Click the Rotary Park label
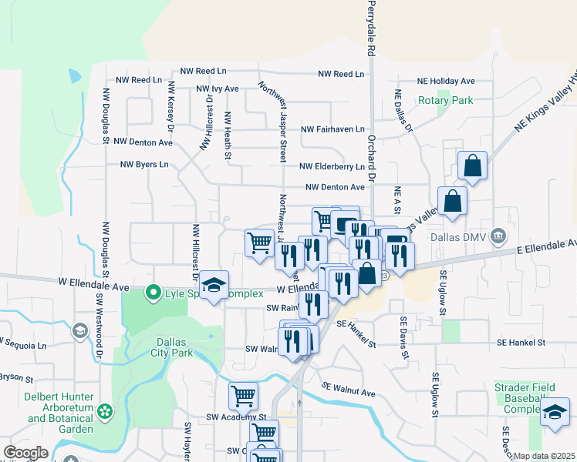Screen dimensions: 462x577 click(x=445, y=100)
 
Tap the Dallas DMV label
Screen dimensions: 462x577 click(x=460, y=236)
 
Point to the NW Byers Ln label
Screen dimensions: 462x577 click(x=144, y=164)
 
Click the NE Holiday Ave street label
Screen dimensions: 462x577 click(x=446, y=81)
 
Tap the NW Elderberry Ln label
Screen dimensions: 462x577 click(x=332, y=166)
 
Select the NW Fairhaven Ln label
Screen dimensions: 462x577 click(x=332, y=129)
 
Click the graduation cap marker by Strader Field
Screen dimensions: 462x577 click(x=555, y=413)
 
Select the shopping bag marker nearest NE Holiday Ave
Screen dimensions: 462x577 click(x=472, y=166)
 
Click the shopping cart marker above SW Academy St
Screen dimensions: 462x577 click(x=244, y=397)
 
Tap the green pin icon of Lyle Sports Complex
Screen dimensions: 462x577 click(x=154, y=293)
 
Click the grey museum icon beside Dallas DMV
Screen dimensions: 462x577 click(x=498, y=236)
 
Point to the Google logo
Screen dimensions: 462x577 click(x=25, y=453)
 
